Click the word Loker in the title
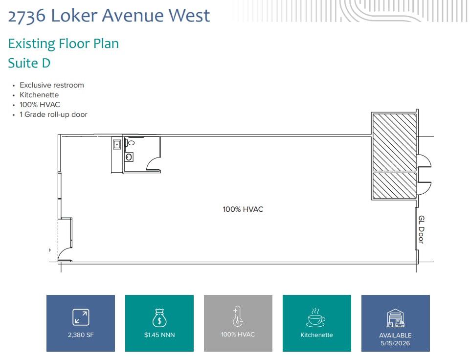pyautogui.click(x=74, y=16)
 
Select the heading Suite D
pyautogui.click(x=29, y=63)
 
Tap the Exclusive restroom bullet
pyautogui.click(x=51, y=85)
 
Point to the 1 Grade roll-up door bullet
pyautogui.click(x=53, y=114)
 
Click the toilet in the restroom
pyautogui.click(x=131, y=143)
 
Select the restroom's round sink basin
pyautogui.click(x=129, y=157)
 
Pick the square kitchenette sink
pyautogui.click(x=117, y=144)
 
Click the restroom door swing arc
pyautogui.click(x=154, y=163)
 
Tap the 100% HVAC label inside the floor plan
pyautogui.click(x=243, y=209)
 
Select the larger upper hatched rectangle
pyautogui.click(x=394, y=142)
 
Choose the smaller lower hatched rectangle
pyautogui.click(x=394, y=186)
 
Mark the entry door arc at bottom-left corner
pyautogui.click(x=65, y=254)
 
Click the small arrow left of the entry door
pyautogui.click(x=50, y=250)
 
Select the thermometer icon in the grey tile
pyautogui.click(x=238, y=316)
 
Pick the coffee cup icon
pyautogui.click(x=316, y=318)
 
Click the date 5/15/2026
pyautogui.click(x=395, y=343)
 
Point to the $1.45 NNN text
pyautogui.click(x=159, y=335)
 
